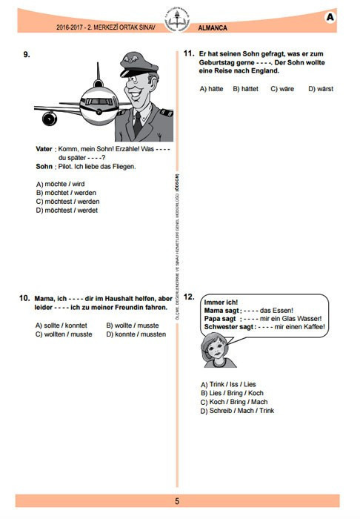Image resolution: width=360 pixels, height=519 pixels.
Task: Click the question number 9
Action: click(x=27, y=54)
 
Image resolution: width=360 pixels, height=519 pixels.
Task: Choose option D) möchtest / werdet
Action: click(x=67, y=210)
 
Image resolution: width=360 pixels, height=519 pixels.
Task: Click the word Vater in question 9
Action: click(x=44, y=149)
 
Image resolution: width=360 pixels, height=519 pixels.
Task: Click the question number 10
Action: click(x=24, y=298)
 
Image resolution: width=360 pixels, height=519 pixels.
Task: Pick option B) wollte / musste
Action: click(x=133, y=325)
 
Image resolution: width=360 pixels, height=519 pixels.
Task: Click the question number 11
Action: click(x=188, y=54)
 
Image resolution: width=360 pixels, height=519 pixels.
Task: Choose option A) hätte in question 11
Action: click(x=213, y=89)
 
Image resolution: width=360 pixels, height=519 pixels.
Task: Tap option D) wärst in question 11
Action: click(x=321, y=89)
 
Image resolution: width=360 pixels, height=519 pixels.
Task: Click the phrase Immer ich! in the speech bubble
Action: click(x=221, y=302)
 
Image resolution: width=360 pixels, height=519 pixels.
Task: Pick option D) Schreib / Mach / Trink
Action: click(x=237, y=411)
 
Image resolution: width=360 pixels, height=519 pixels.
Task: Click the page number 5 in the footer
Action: click(x=177, y=501)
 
